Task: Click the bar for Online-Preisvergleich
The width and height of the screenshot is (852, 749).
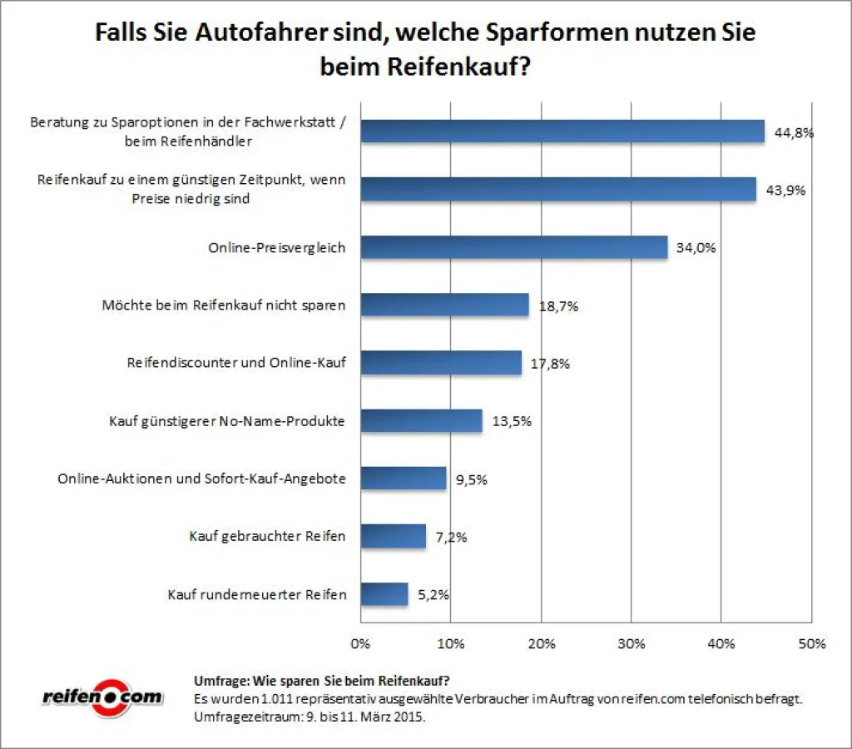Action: coord(513,247)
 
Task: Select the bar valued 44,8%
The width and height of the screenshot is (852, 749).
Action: coord(562,131)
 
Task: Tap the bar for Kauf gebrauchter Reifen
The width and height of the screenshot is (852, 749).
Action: coord(393,536)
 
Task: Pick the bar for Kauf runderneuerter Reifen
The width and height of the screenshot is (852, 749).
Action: coord(384,594)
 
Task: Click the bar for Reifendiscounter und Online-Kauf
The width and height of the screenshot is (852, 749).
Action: coord(440,363)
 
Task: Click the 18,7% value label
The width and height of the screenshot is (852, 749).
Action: coord(557,305)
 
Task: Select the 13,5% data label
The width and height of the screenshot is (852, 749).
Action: coord(511,421)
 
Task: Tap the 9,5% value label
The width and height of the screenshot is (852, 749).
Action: coord(472,479)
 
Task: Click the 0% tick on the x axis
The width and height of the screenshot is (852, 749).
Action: coord(360,643)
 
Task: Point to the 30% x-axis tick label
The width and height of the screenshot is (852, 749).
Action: coord(631,643)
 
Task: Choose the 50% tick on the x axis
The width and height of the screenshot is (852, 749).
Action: coord(811,643)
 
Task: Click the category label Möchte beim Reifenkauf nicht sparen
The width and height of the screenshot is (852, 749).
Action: coord(223,305)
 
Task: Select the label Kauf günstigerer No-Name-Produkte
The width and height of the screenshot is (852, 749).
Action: coord(227,421)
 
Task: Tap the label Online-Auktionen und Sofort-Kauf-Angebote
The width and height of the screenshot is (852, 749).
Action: coord(201,479)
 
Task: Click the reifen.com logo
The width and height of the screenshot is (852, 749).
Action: coord(102,696)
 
